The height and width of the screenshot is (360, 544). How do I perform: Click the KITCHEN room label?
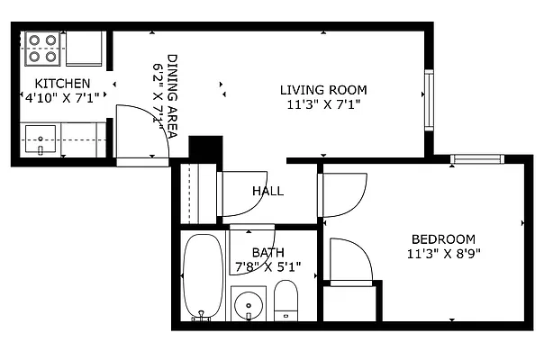click(x=61, y=83)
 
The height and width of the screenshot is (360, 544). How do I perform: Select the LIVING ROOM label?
click(x=323, y=90)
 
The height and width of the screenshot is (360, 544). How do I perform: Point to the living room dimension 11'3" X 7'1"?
click(x=323, y=104)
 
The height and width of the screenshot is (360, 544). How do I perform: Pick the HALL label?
click(x=267, y=191)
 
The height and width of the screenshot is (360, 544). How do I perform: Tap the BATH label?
click(x=267, y=252)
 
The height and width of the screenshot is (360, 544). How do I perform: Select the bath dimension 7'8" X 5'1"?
click(x=267, y=266)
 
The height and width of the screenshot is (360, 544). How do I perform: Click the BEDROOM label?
click(x=443, y=238)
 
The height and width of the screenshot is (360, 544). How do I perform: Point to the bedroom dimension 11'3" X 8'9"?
click(x=443, y=253)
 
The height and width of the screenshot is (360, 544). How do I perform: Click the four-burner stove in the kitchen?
click(x=41, y=49)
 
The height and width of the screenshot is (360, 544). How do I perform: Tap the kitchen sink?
click(x=41, y=140)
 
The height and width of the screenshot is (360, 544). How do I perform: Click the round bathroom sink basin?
click(x=248, y=307)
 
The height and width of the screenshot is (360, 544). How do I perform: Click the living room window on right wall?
click(x=430, y=99)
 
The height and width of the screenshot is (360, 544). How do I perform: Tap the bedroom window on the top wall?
click(x=476, y=160)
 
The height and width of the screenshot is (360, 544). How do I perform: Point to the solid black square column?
click(x=205, y=149)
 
